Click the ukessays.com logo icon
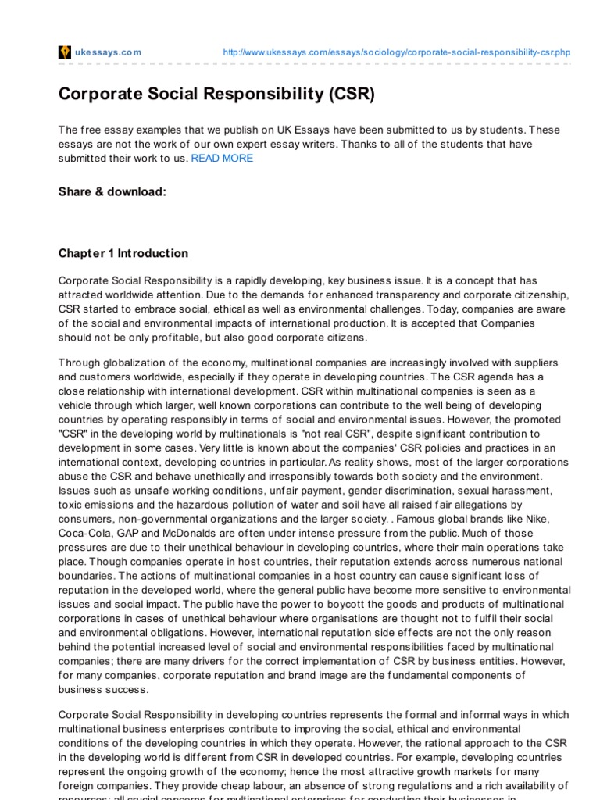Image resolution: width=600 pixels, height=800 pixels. [65, 52]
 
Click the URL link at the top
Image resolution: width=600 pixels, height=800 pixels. [396, 52]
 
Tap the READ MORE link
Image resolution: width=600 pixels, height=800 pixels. [222, 158]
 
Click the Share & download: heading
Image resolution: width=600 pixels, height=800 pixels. [112, 191]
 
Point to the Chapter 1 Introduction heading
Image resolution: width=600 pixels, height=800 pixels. [123, 253]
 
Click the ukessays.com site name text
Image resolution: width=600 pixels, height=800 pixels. [108, 52]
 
